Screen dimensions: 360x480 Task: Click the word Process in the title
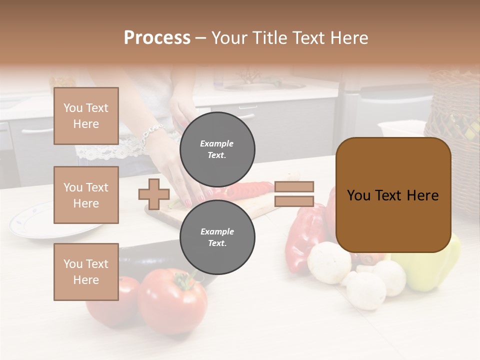[x=157, y=38]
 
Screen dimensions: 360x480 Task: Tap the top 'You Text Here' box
[x=86, y=116]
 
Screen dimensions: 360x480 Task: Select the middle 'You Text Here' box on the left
[x=86, y=195]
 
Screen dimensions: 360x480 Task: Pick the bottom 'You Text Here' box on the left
[x=86, y=272]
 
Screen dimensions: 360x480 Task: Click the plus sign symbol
[x=154, y=194]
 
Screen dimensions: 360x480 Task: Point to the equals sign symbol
[x=294, y=194]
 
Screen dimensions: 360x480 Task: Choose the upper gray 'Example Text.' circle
[x=217, y=149]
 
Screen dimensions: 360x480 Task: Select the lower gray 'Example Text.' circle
[x=217, y=237]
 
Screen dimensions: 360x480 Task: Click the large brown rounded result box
[x=393, y=195]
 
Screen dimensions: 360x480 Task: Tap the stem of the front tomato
[x=183, y=280]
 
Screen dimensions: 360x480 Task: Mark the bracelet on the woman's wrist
[x=152, y=133]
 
